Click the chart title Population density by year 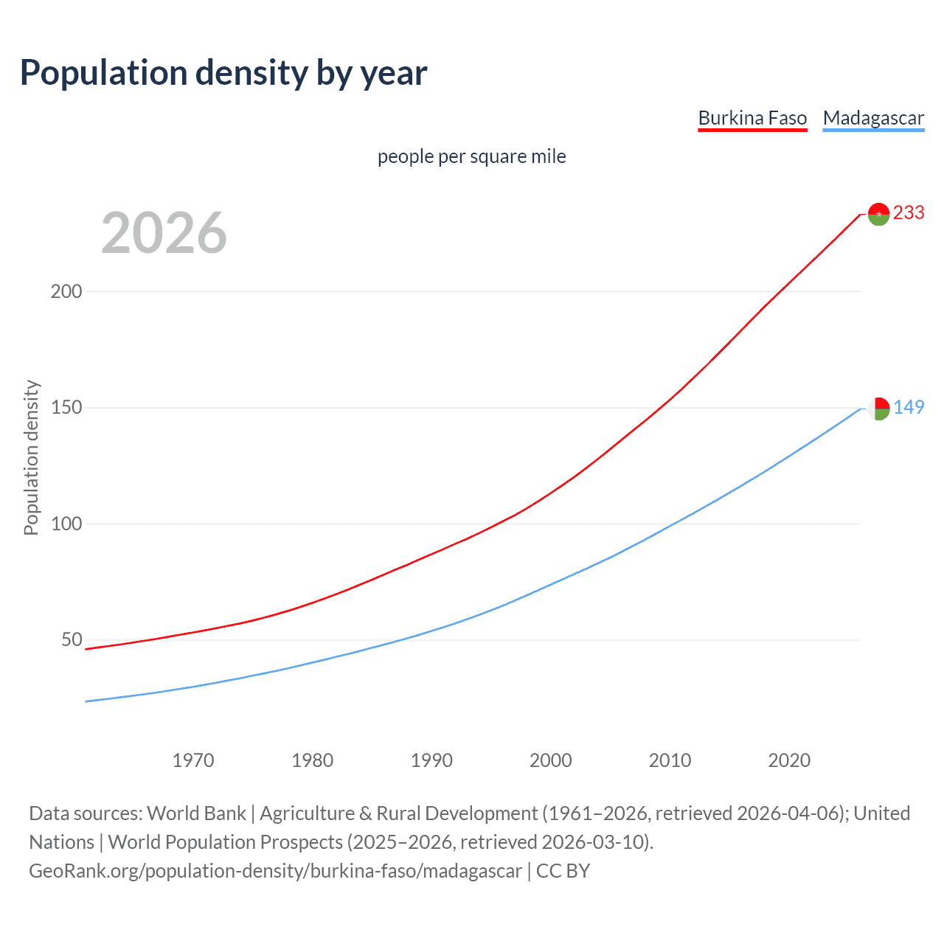(223, 73)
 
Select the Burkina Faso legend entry (752, 118)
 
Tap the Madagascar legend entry (873, 118)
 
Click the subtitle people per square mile (471, 156)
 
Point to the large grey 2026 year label (164, 233)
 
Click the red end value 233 (909, 212)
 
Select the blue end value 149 (909, 407)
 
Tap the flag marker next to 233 (878, 214)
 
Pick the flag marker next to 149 (878, 409)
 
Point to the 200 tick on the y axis (66, 291)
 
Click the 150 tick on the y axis (66, 408)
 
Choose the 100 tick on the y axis (66, 524)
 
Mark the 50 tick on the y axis (72, 639)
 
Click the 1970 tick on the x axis (193, 760)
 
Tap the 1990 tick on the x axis (431, 760)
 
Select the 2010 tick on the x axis (670, 760)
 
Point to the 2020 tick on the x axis (789, 760)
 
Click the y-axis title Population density (31, 457)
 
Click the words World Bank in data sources (196, 813)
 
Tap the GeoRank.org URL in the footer (275, 871)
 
